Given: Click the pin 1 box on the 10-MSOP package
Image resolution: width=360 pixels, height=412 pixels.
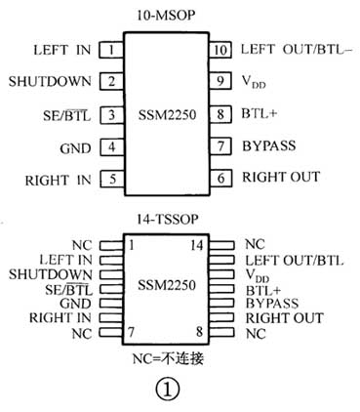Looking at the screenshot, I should point(114,50).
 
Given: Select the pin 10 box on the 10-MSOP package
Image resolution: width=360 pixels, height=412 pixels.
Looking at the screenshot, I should point(221,50).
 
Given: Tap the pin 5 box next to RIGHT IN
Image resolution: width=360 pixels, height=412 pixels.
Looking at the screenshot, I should point(114,179).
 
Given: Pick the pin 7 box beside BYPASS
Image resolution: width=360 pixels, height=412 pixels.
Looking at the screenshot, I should point(221,146).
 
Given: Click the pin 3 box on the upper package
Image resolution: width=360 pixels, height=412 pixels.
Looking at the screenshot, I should point(114,115).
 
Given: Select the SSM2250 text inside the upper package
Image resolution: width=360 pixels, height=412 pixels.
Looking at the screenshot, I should point(168,115).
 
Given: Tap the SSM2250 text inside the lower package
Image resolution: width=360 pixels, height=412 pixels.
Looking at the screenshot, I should point(167,287).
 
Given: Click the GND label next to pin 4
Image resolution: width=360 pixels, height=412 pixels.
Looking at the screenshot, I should point(80,147).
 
